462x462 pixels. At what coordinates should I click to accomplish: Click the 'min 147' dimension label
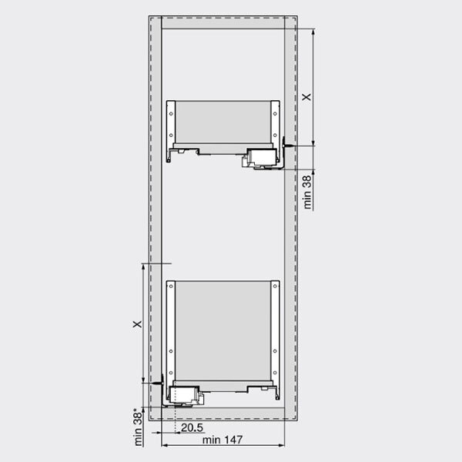(223, 440)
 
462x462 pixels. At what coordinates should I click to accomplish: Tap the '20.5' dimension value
(192, 427)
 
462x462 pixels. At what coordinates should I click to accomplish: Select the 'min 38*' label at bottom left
(138, 427)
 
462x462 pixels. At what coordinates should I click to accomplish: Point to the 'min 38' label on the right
(307, 192)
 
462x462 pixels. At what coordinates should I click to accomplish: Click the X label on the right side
(306, 97)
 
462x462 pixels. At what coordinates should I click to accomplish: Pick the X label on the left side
(137, 324)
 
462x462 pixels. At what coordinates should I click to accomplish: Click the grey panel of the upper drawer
(223, 122)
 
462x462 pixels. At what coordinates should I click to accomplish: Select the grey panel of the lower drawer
(223, 330)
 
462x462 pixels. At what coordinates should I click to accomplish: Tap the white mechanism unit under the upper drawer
(262, 158)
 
